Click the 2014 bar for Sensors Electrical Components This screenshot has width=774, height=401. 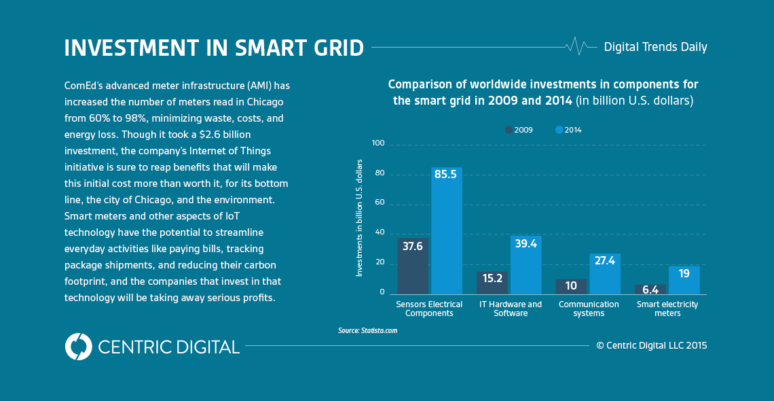point(447,231)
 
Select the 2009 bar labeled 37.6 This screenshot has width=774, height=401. point(413,266)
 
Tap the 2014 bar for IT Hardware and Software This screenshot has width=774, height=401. point(526,265)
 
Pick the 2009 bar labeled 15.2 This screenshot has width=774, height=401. point(492,283)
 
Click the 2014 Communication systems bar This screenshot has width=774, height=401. point(605,274)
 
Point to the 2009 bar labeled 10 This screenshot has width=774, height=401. point(571,286)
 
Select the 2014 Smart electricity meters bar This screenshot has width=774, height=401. point(684,280)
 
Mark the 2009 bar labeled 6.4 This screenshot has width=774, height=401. point(650,290)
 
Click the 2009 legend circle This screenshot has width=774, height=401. point(509,130)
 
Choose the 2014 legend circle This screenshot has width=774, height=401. point(559,130)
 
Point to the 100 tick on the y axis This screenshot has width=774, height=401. point(378,143)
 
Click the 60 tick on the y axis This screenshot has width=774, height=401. point(380,203)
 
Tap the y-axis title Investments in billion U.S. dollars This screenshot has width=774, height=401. point(360,217)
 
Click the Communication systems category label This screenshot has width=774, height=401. point(589,309)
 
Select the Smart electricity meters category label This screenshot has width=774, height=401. point(667,309)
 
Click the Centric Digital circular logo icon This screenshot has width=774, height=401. point(79,347)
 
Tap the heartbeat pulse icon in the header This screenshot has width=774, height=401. point(576,46)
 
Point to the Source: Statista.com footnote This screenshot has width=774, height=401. point(367,330)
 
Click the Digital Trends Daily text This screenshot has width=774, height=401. point(655,47)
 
